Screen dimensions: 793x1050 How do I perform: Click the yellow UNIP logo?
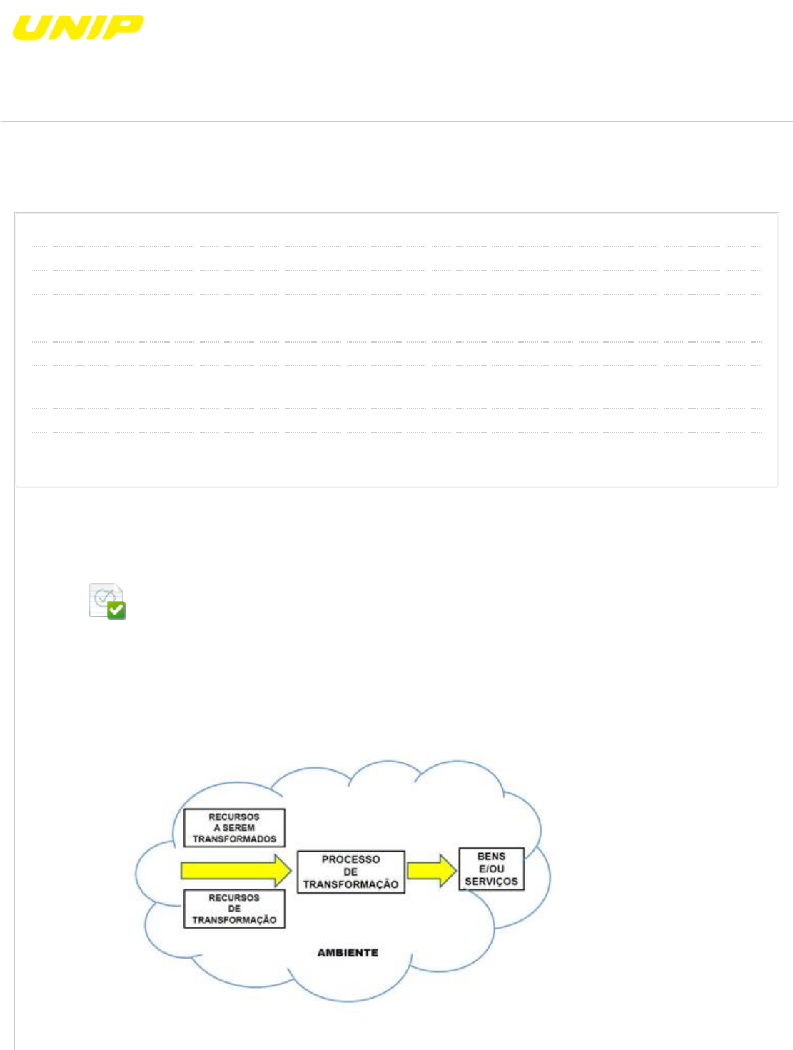[x=78, y=28]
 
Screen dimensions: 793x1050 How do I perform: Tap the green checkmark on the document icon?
[x=116, y=610]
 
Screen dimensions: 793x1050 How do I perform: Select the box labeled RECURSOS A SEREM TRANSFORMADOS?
[x=234, y=828]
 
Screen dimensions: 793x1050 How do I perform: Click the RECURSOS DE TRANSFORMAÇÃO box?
[x=234, y=909]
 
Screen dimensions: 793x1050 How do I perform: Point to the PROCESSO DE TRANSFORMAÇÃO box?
[x=350, y=872]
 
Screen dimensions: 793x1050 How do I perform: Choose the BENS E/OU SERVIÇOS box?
[x=491, y=869]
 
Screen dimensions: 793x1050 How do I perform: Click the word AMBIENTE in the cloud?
[x=348, y=952]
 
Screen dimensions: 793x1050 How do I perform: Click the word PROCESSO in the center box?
[x=350, y=859]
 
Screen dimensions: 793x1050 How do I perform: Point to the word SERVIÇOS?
[x=491, y=882]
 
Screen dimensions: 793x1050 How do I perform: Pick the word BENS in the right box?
[x=491, y=856]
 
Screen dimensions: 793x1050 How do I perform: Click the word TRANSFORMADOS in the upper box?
[x=234, y=839]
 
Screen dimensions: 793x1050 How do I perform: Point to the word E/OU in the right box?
[x=491, y=869]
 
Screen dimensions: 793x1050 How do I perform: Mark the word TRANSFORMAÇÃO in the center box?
[x=350, y=884]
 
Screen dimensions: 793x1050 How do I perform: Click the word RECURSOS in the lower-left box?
[x=234, y=897]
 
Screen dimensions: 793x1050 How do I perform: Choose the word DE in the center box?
[x=350, y=872]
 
